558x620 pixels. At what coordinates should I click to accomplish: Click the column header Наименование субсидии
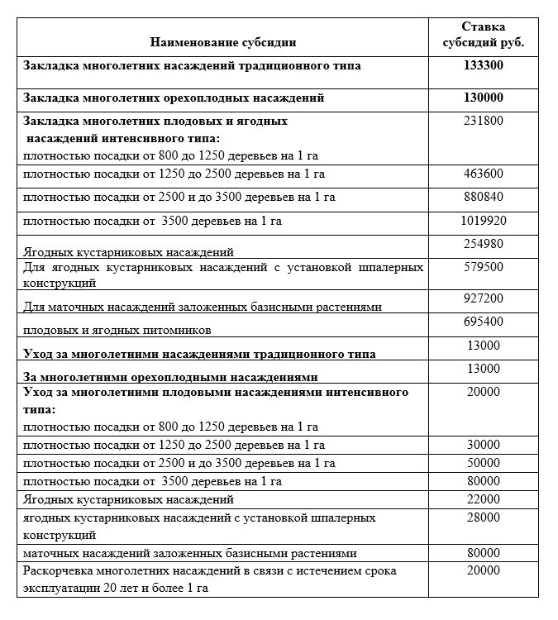[x=223, y=41]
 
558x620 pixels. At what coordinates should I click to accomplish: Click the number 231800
[x=484, y=121]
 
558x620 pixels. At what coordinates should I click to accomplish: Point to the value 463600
[x=484, y=174]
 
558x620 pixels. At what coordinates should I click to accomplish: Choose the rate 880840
[x=484, y=197]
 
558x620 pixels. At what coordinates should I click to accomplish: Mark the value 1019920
[x=484, y=221]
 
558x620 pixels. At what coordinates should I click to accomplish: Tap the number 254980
[x=484, y=243]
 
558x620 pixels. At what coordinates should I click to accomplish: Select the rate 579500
[x=484, y=268]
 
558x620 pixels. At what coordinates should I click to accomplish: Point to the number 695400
[x=484, y=321]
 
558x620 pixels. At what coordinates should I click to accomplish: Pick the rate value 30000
[x=484, y=445]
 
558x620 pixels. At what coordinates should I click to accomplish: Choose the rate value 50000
[x=484, y=463]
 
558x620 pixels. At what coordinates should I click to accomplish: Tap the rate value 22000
[x=484, y=499]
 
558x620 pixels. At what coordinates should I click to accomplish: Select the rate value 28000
[x=484, y=517]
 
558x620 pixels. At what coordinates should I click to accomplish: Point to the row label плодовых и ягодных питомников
[x=118, y=330]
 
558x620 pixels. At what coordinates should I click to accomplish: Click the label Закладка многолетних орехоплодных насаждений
[x=174, y=98]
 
